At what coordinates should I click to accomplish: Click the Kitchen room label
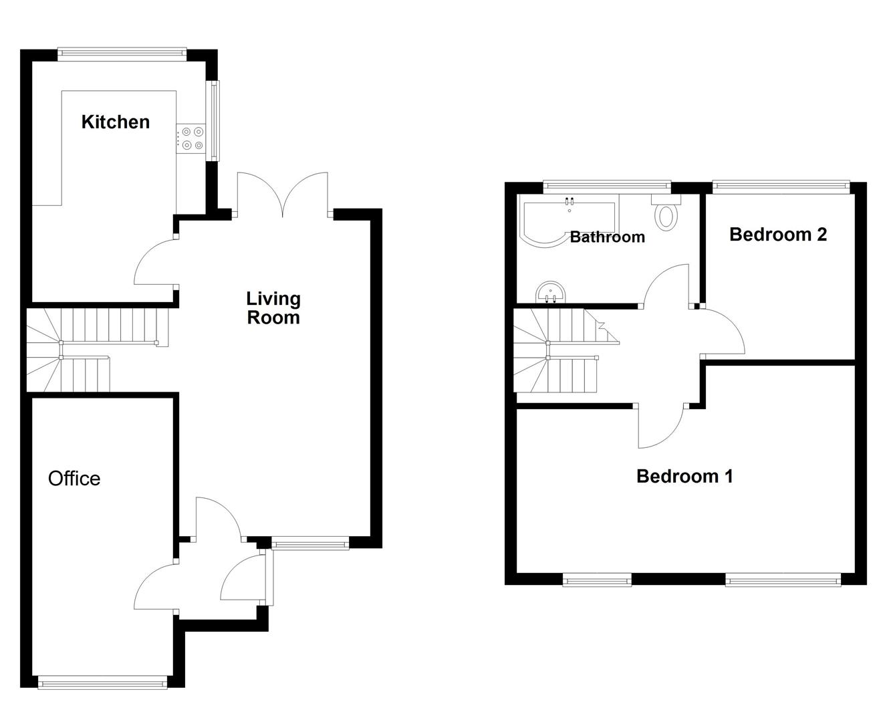pos(115,122)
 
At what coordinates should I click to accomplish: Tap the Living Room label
pos(273,308)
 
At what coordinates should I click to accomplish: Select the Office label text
pos(74,479)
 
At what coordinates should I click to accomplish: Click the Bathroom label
pos(607,237)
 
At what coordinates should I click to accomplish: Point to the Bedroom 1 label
pos(684,477)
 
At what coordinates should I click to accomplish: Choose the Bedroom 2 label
pos(778,235)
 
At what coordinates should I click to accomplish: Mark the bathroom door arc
pos(666,285)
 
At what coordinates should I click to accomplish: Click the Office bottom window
pos(102,682)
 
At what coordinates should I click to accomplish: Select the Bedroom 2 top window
pos(780,187)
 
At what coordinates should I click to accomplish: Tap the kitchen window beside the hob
pos(214,120)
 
